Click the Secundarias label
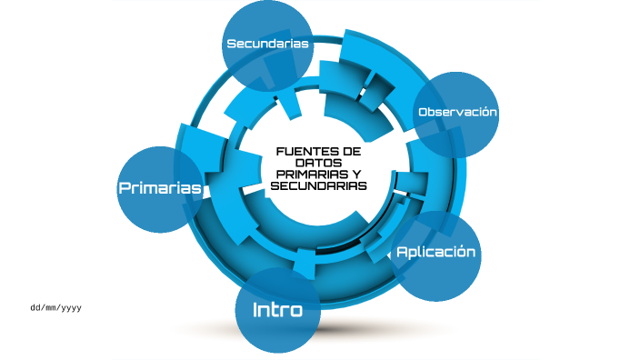[x=268, y=44]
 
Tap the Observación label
[x=457, y=112]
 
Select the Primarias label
[x=159, y=188]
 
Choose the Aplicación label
[x=435, y=252]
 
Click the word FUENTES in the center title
[x=304, y=151]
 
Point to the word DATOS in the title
[x=318, y=163]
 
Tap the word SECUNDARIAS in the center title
[x=318, y=186]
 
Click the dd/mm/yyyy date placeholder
[x=56, y=308]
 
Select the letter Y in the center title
[x=355, y=175]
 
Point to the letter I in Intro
[x=255, y=310]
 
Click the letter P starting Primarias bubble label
[x=125, y=188]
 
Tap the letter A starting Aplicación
[x=402, y=252]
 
